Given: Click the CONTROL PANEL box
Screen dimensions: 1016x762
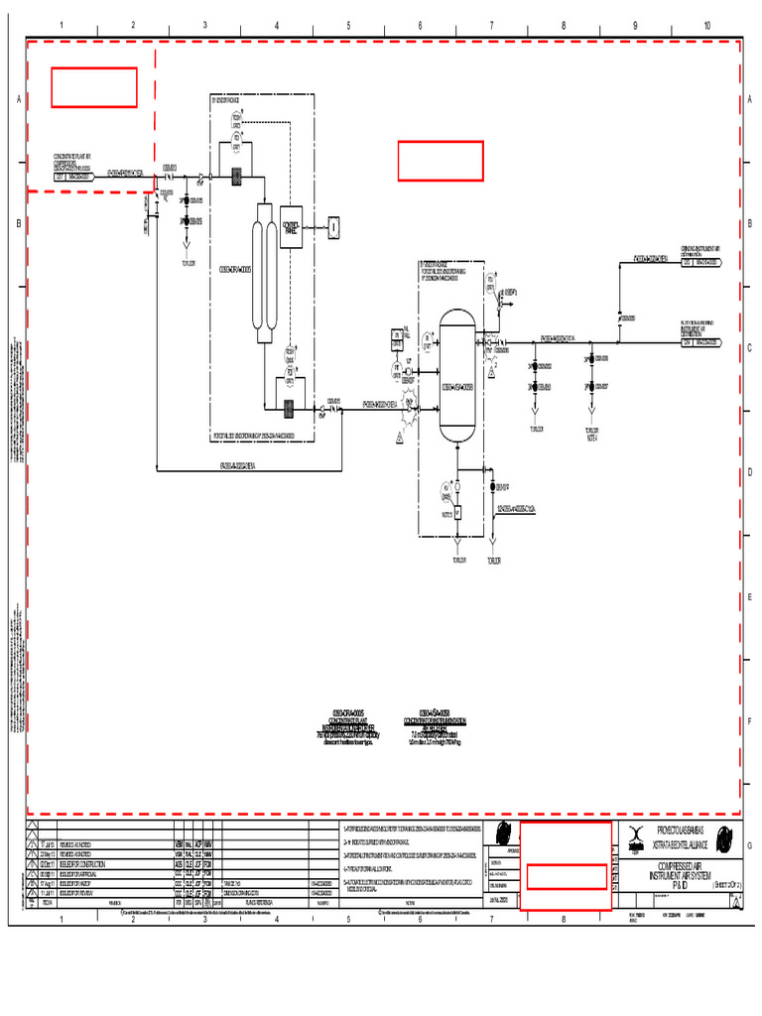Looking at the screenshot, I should point(292,225).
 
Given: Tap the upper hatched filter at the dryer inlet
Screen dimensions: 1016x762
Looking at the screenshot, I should point(238,178).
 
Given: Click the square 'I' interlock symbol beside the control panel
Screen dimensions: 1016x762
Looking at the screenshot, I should point(334,227).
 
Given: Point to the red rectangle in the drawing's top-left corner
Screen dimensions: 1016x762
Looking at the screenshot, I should point(94,87).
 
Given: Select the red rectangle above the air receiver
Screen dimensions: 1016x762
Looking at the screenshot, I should point(441,161).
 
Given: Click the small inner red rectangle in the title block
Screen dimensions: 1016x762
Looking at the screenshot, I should point(566,876).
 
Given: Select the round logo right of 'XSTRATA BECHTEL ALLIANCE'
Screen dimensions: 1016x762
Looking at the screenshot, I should point(725,835).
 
